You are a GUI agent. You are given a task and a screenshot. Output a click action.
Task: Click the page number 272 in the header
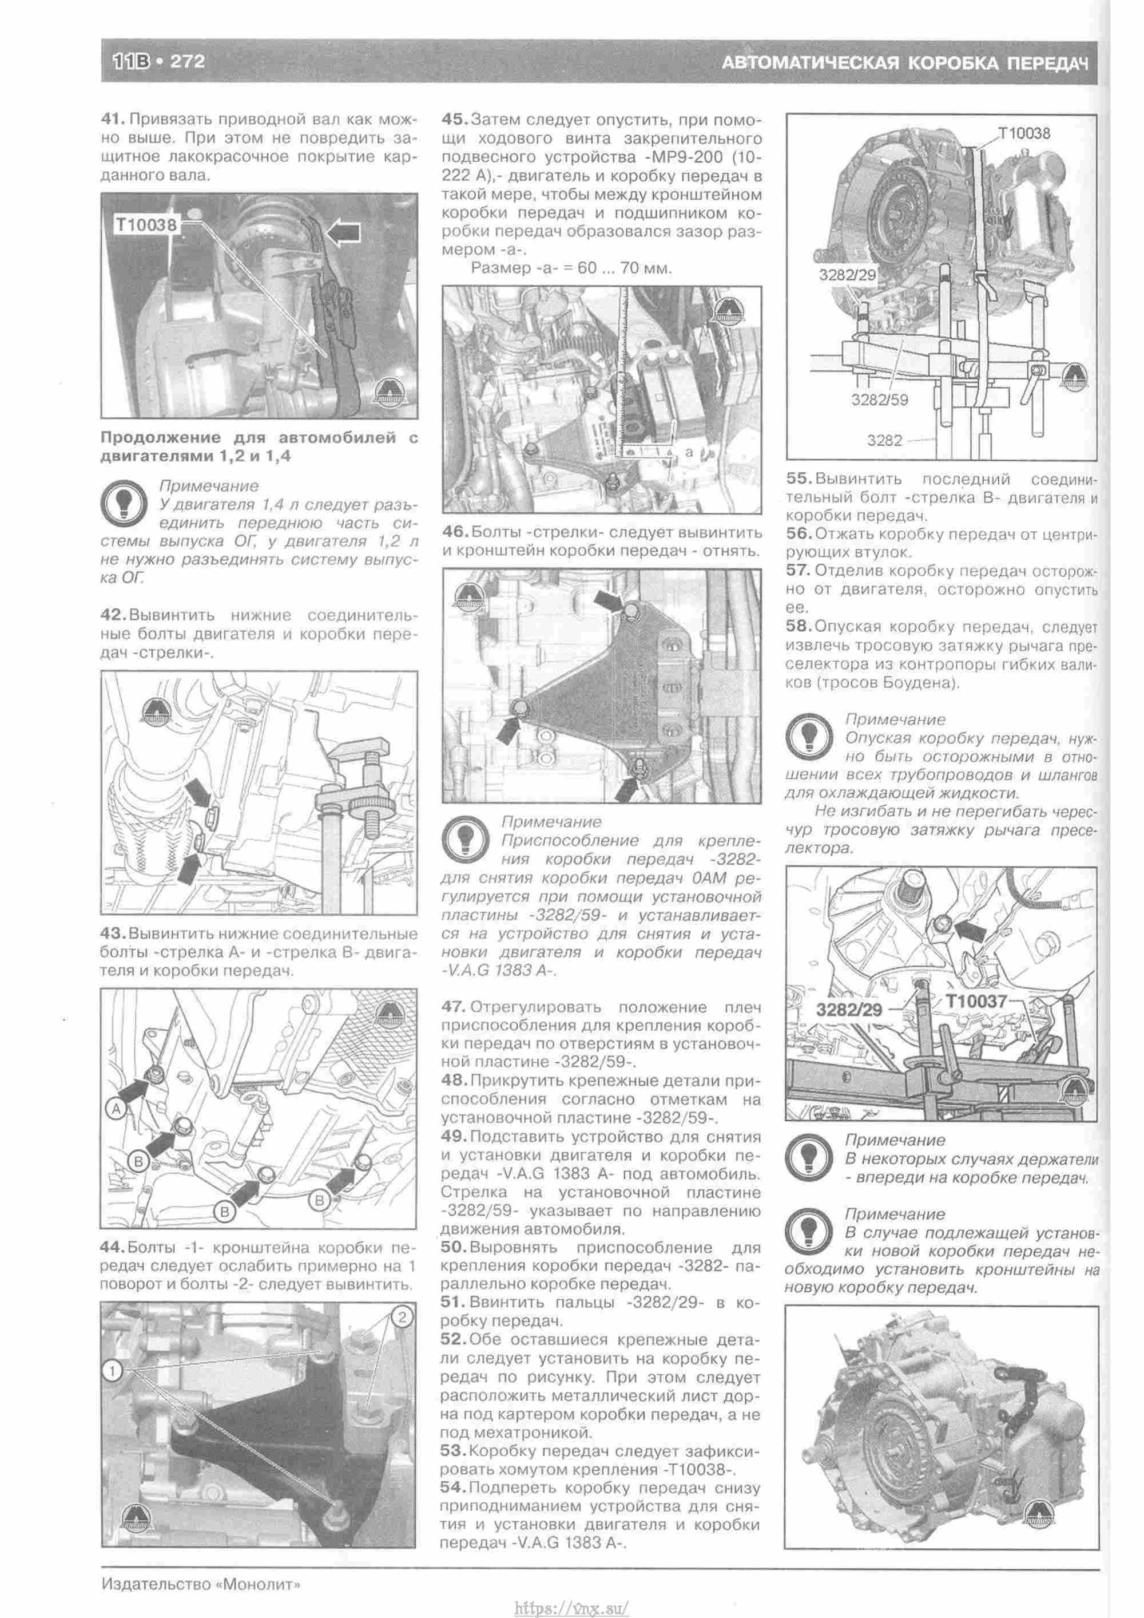pyautogui.click(x=188, y=61)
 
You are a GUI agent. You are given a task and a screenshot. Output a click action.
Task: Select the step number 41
pyautogui.click(x=113, y=119)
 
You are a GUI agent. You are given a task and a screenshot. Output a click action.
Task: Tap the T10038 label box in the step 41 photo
pyautogui.click(x=146, y=224)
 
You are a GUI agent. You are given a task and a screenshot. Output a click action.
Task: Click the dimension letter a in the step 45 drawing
pyautogui.click(x=688, y=452)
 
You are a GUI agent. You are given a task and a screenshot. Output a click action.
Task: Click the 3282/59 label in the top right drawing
pyautogui.click(x=879, y=400)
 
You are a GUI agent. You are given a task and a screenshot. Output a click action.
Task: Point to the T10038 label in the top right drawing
pyautogui.click(x=1023, y=133)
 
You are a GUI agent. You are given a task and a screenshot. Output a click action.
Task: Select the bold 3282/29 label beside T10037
pyautogui.click(x=849, y=1009)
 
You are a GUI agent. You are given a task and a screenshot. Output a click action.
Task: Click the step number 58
pyautogui.click(x=799, y=627)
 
